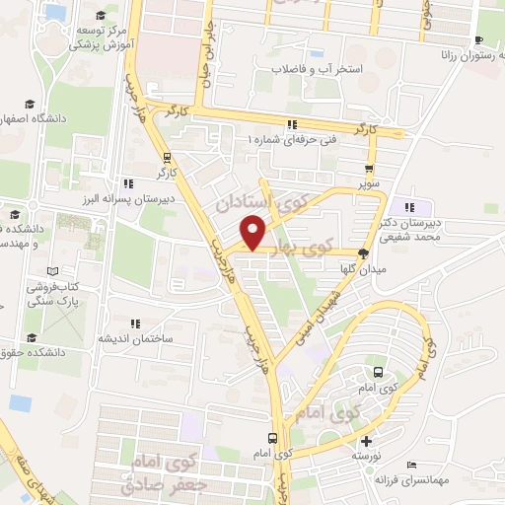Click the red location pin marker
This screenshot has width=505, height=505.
pos(253,234)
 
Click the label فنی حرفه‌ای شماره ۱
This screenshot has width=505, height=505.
pos(291,140)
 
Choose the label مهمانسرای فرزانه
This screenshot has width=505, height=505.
pos(411,480)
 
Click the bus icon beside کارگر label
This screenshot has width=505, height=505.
pos(167,156)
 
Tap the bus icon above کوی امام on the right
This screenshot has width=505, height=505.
pos(378,373)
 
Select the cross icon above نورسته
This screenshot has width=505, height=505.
pos(366,441)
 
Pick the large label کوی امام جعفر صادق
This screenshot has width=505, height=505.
pos(164,471)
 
